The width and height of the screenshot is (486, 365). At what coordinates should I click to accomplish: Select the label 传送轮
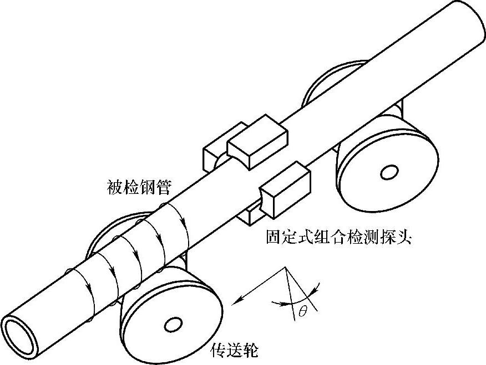click(235, 349)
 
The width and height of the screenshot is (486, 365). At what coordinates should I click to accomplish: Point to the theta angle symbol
click(302, 312)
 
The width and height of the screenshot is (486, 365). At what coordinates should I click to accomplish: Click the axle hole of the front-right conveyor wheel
click(389, 172)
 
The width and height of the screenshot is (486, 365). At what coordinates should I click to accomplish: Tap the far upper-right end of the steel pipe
click(466, 17)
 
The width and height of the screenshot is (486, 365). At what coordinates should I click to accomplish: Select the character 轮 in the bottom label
click(250, 349)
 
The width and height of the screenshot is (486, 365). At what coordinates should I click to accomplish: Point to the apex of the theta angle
click(286, 268)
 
